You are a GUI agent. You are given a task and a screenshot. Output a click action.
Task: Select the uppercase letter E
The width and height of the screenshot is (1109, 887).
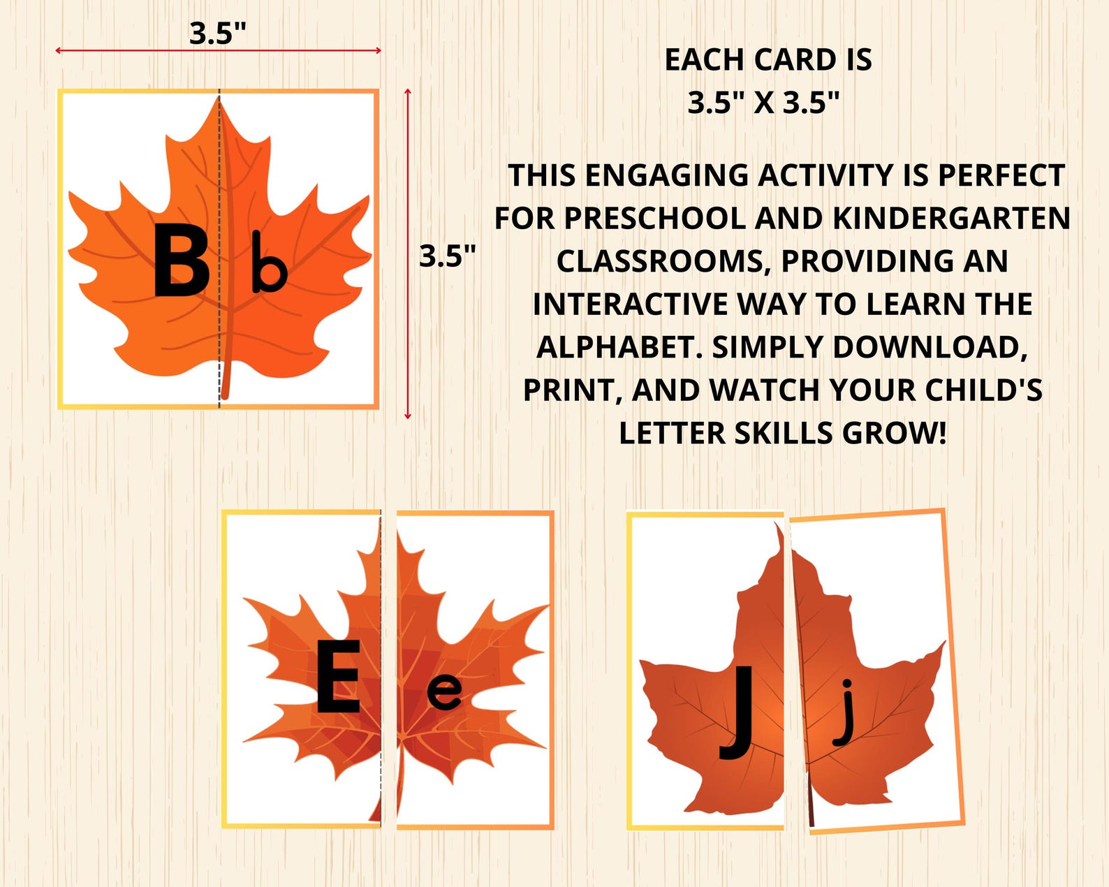338,677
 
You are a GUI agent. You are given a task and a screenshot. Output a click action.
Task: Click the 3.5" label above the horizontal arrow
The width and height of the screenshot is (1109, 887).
218,33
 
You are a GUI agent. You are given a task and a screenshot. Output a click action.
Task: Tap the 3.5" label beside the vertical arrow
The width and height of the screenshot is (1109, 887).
447,256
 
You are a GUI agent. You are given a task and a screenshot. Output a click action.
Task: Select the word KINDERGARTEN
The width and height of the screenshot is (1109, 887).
951,219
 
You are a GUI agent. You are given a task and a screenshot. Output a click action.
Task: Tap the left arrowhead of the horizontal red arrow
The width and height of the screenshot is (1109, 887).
58,50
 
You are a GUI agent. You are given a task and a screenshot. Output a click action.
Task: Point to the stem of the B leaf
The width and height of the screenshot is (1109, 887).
225,381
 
